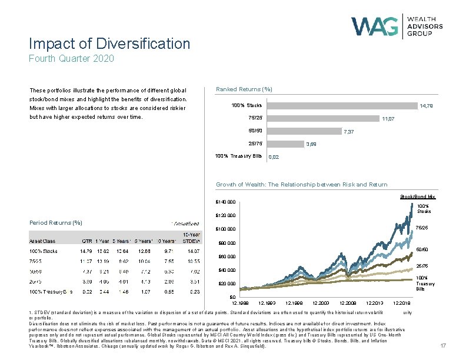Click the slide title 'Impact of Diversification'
point(110,44)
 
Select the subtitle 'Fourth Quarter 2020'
point(71,58)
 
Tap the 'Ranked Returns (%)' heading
point(244,89)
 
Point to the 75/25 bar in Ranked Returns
point(322,118)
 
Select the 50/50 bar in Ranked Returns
point(303,131)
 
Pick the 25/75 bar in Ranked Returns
point(284,143)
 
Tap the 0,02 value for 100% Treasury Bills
point(274,157)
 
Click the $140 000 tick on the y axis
point(224,202)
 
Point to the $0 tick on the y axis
point(232,297)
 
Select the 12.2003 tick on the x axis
point(322,302)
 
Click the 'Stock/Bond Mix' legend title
point(417,196)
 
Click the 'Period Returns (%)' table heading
point(56,222)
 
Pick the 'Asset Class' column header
point(42,241)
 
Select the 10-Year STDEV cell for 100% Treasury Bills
point(194,291)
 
